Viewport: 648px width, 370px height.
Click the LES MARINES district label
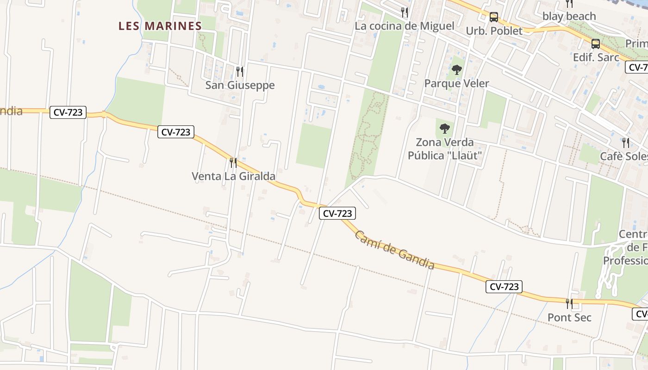point(160,26)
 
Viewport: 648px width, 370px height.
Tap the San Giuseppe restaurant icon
point(240,72)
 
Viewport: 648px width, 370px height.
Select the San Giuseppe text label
point(240,85)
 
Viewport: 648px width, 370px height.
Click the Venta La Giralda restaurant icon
point(233,163)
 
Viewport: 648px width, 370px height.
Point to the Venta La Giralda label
point(233,176)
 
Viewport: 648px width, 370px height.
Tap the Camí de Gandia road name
point(395,250)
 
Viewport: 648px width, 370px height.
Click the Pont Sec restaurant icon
point(569,304)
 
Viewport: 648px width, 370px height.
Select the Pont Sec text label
point(569,318)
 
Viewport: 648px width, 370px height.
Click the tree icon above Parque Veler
point(457,70)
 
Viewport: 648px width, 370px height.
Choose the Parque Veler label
point(457,84)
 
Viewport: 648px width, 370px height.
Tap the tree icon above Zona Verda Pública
point(445,129)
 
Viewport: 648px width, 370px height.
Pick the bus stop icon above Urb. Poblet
point(494,18)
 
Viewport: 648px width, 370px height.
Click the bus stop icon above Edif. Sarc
point(596,44)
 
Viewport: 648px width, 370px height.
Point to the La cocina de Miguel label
point(405,26)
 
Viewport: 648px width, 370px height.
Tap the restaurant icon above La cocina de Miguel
point(405,12)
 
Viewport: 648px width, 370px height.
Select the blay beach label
point(569,16)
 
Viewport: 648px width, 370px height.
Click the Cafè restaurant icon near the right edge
point(625,142)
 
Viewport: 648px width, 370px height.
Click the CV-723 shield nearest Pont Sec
point(504,287)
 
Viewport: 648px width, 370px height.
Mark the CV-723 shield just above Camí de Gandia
point(337,213)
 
